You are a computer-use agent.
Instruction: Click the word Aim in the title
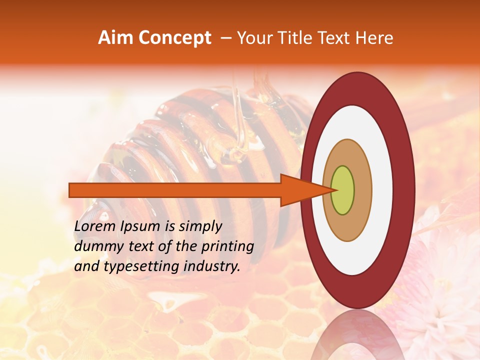pos(115,38)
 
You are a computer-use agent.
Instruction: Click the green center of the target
pos(342,190)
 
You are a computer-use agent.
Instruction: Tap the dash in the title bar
pos(225,38)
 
